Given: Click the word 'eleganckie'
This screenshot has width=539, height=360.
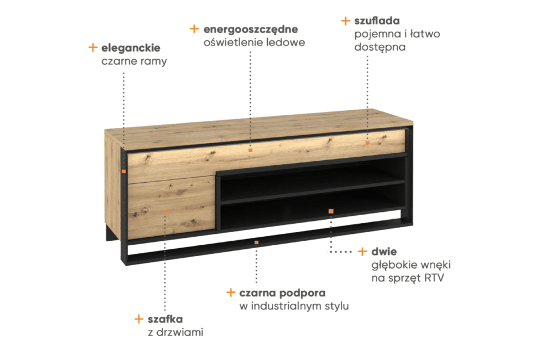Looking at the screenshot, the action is coord(130,48).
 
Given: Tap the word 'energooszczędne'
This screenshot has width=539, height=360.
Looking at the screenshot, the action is coord(251,30).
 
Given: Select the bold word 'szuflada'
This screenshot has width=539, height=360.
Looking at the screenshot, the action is coord(377,20).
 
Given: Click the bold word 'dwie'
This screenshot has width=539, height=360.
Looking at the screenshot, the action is coord(384,252).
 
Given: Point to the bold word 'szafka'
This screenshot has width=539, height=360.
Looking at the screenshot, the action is coord(165,319).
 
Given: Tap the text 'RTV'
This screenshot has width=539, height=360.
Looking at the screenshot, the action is coord(434,278).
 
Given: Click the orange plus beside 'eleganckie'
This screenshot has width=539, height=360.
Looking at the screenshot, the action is coord(93,48).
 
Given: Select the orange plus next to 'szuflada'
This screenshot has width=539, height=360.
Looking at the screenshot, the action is coord(346,21).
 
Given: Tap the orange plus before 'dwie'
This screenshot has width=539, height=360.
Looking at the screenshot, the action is coord(363,252).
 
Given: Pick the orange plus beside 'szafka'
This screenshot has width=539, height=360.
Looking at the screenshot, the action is coord(139,319).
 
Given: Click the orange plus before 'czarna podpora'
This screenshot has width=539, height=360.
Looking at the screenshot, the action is coord(231,292).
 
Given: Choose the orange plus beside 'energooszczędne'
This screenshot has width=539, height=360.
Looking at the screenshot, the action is coord(194,28).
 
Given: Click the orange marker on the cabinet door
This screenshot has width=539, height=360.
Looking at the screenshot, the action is coord(165,212).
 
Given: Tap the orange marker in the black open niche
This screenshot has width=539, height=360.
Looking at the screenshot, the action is coord(331,211).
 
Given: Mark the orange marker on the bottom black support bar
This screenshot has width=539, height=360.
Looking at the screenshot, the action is coord(256,242).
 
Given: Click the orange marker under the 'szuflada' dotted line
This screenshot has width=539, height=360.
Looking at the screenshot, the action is coord(368,143).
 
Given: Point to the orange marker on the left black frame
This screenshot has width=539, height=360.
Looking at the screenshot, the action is coord(124,171).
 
